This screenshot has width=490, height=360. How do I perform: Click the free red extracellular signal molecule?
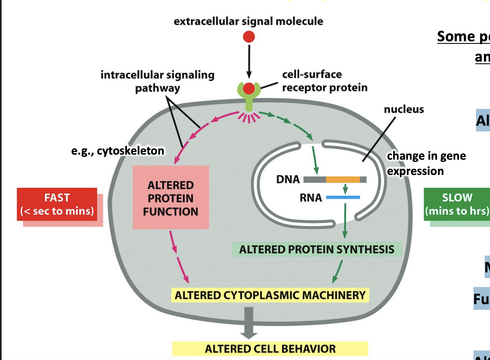(x=249, y=37)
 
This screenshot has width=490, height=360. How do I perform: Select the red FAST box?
(x=57, y=204)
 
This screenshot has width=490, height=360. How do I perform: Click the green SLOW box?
(x=457, y=204)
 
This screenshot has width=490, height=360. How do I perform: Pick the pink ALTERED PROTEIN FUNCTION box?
(x=171, y=197)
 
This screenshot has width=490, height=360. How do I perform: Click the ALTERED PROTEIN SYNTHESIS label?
(x=316, y=249)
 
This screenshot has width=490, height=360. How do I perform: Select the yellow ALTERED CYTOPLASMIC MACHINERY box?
(x=270, y=295)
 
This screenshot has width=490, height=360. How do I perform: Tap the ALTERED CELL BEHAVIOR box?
(x=270, y=349)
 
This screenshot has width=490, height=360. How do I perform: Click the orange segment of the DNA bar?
(x=343, y=180)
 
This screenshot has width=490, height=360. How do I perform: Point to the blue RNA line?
(x=343, y=197)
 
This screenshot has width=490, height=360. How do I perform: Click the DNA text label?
(x=288, y=179)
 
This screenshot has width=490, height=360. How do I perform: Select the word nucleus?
(x=404, y=109)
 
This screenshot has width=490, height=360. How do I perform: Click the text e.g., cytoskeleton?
(x=118, y=151)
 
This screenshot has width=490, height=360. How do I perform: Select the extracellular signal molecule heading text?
(x=248, y=21)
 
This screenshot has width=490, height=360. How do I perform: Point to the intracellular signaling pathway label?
(x=157, y=81)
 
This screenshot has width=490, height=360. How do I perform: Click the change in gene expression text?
(x=426, y=163)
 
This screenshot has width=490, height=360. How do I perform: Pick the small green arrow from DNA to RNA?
(x=345, y=189)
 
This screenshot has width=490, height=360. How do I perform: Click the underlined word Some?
(x=455, y=37)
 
